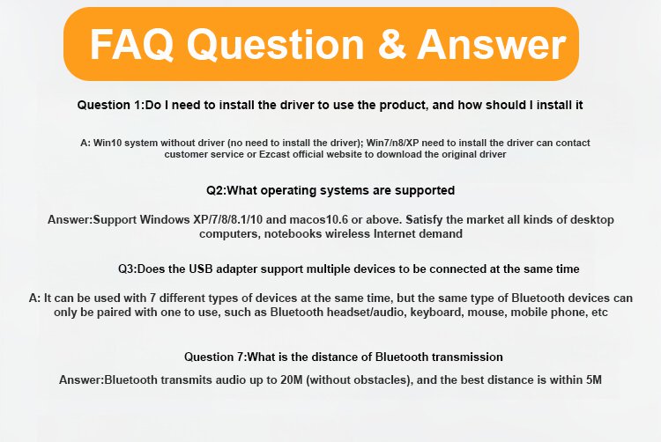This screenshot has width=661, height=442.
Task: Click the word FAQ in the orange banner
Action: tap(131, 45)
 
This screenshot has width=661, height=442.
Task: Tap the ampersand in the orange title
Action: tap(391, 44)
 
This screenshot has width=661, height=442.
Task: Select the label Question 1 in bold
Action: tap(110, 105)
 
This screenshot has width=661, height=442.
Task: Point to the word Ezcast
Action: tap(274, 154)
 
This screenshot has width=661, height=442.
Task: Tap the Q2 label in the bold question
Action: tap(216, 190)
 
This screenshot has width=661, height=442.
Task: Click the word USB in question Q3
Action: tap(200, 269)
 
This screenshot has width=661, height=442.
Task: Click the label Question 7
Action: tap(214, 357)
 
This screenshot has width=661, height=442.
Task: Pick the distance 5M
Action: tap(593, 379)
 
